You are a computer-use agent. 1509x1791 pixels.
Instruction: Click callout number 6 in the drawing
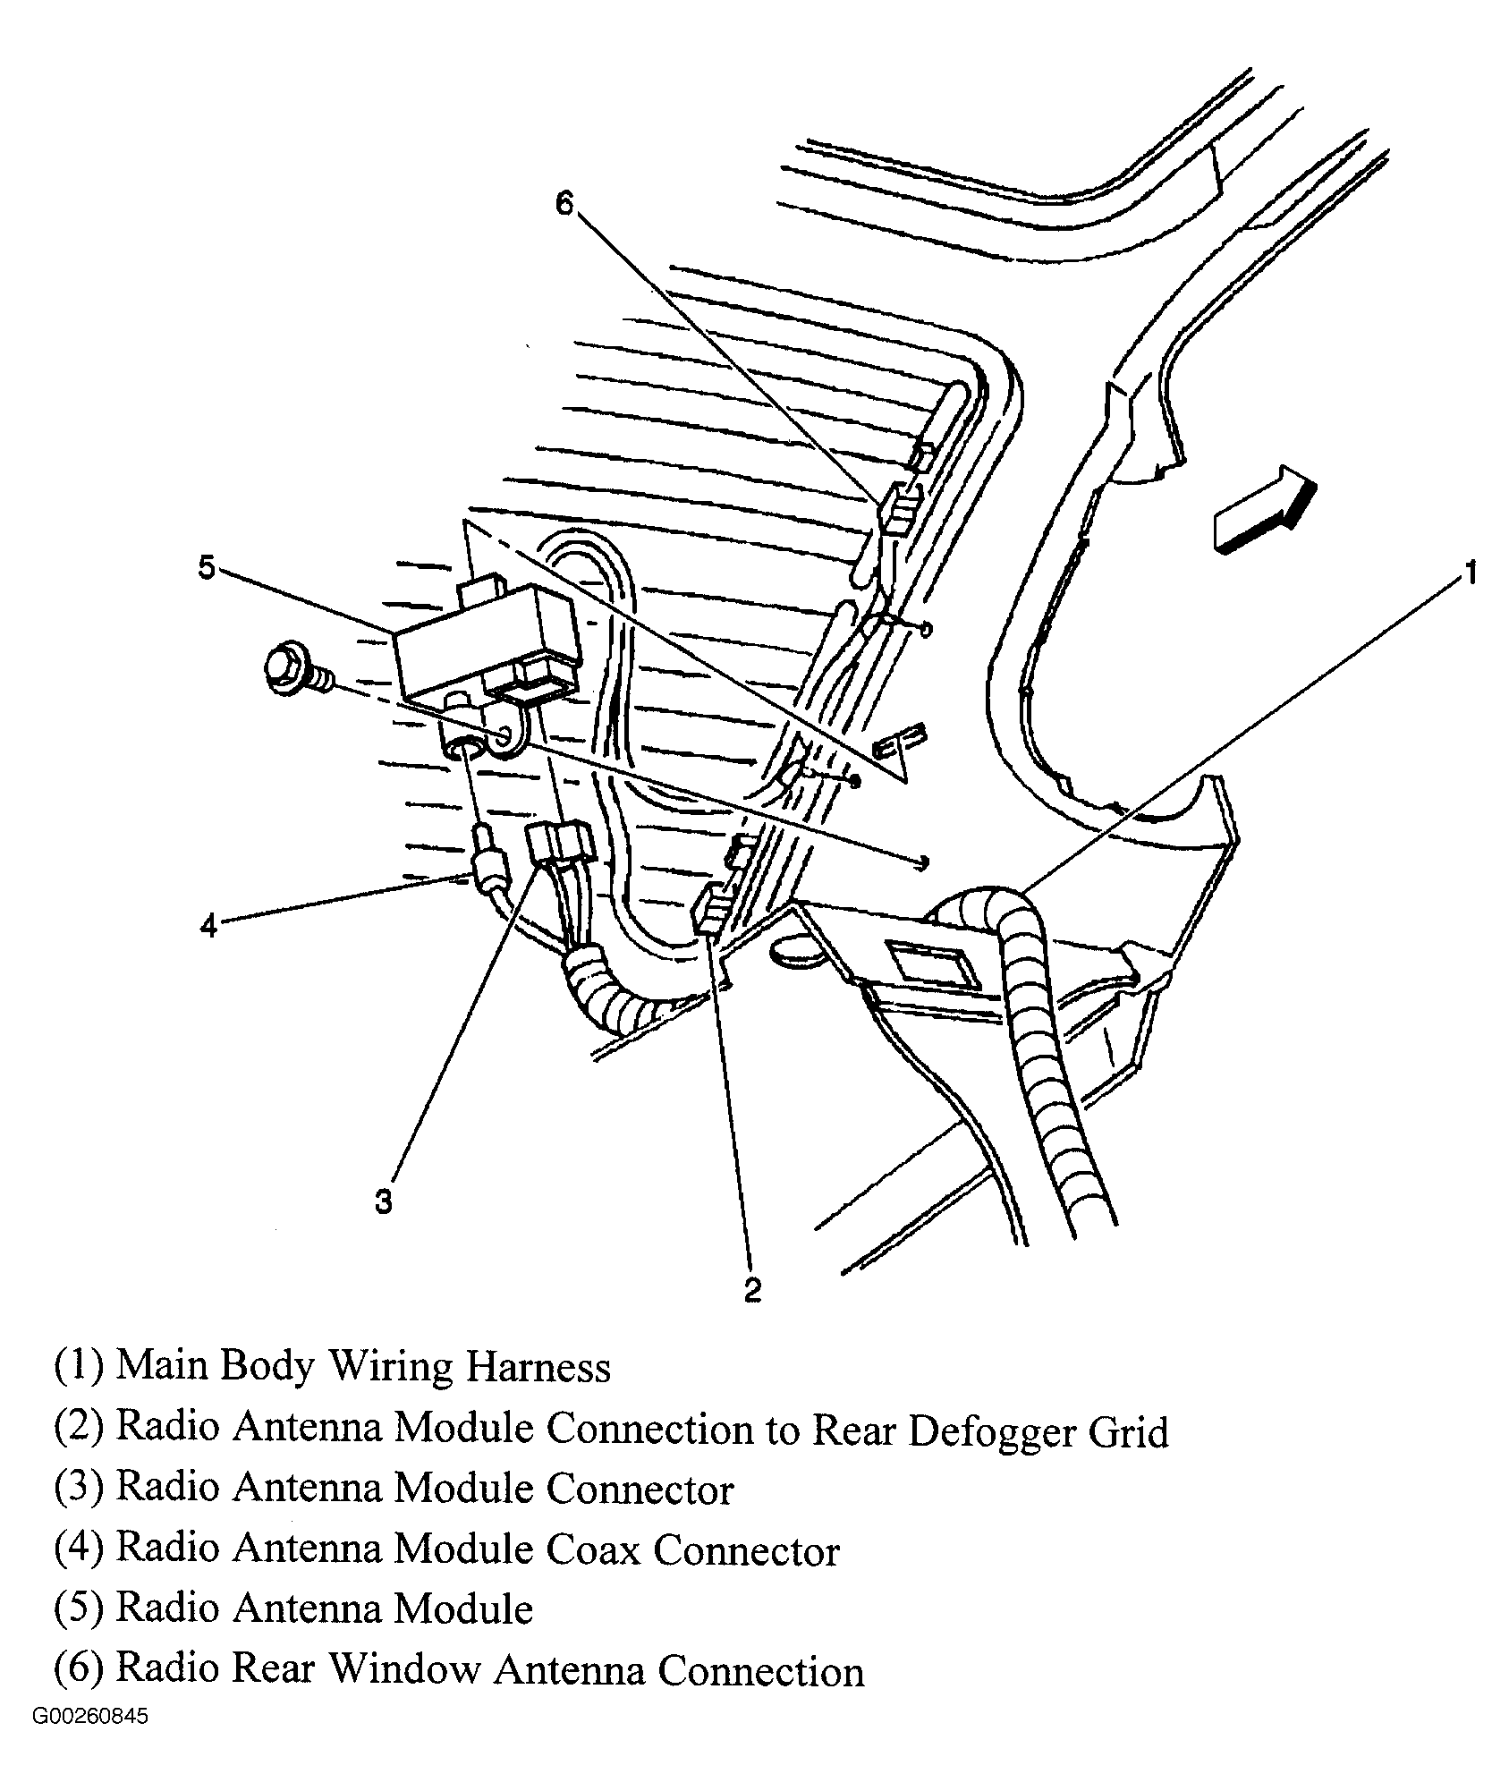[564, 204]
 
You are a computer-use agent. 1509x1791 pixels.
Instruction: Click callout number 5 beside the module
[207, 567]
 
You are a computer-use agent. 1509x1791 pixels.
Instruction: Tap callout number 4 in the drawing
[208, 926]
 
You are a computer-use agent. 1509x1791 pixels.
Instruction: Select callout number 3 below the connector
[383, 1202]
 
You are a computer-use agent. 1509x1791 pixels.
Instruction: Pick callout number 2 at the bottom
[752, 1289]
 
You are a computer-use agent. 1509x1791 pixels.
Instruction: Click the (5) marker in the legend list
[81, 1609]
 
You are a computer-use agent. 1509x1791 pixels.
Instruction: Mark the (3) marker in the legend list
[81, 1489]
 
